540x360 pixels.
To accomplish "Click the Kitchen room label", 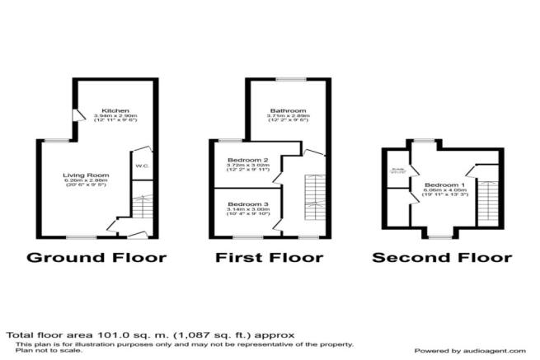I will coord(115,110).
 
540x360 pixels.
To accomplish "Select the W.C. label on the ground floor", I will coord(141,165).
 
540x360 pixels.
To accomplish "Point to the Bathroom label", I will coord(287,110).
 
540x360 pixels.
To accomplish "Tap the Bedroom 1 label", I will coord(444,184).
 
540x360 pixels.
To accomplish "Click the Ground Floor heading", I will coord(96,257).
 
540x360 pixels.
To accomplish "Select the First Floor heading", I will coord(269,257).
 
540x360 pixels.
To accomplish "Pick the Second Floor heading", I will coord(442,257).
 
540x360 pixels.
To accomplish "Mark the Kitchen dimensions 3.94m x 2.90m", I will coord(115,118).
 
